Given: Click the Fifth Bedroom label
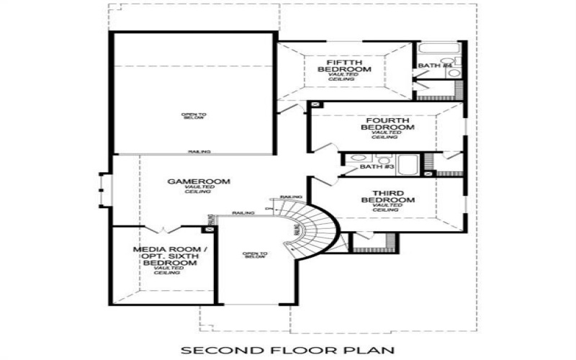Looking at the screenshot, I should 348,66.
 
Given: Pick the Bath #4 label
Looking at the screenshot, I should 434,66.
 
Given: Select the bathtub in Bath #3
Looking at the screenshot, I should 408,164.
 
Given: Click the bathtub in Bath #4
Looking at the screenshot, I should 436,50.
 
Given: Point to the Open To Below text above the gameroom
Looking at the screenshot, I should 193,116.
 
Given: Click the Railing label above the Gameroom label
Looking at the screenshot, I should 199,152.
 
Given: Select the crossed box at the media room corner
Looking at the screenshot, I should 210,229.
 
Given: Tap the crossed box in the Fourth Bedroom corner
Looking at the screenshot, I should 315,105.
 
